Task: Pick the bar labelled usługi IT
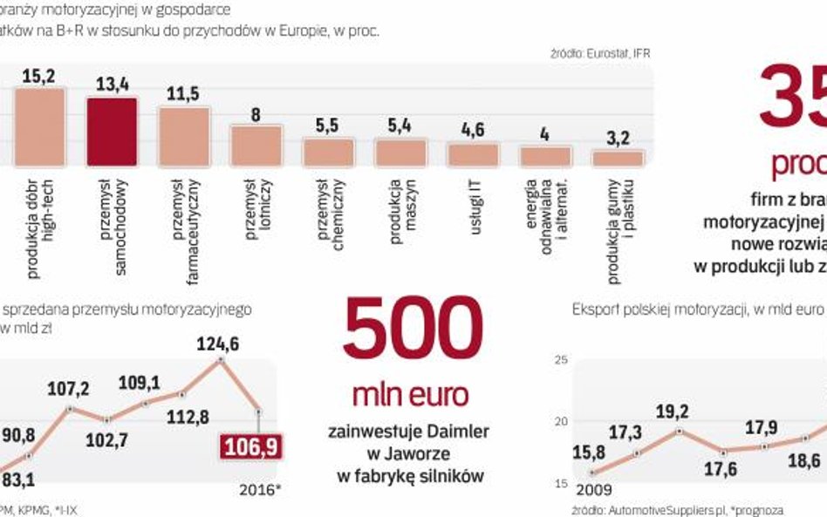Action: [x=473, y=155]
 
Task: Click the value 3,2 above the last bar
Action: [x=618, y=137]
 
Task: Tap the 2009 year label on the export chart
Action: [x=578, y=490]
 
